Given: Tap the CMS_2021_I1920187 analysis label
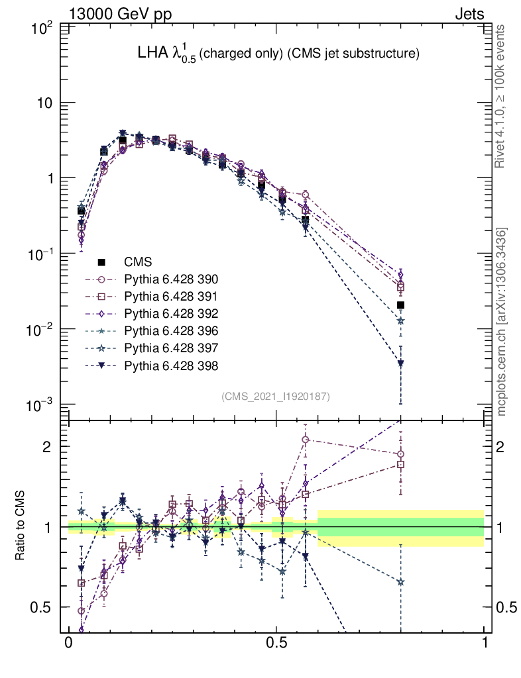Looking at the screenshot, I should [276, 396].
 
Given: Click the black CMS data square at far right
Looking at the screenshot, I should [400, 305].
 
